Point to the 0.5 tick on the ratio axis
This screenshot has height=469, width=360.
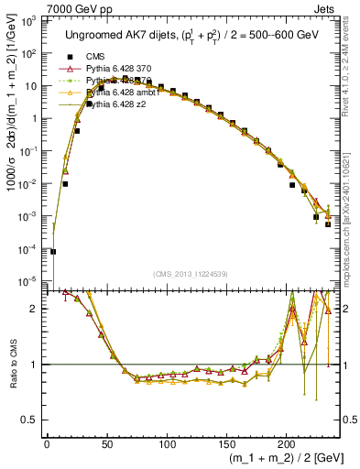pos(34,420)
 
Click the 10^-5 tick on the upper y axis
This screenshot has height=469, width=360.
pos(30,280)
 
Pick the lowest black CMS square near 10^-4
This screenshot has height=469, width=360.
pos(53,251)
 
